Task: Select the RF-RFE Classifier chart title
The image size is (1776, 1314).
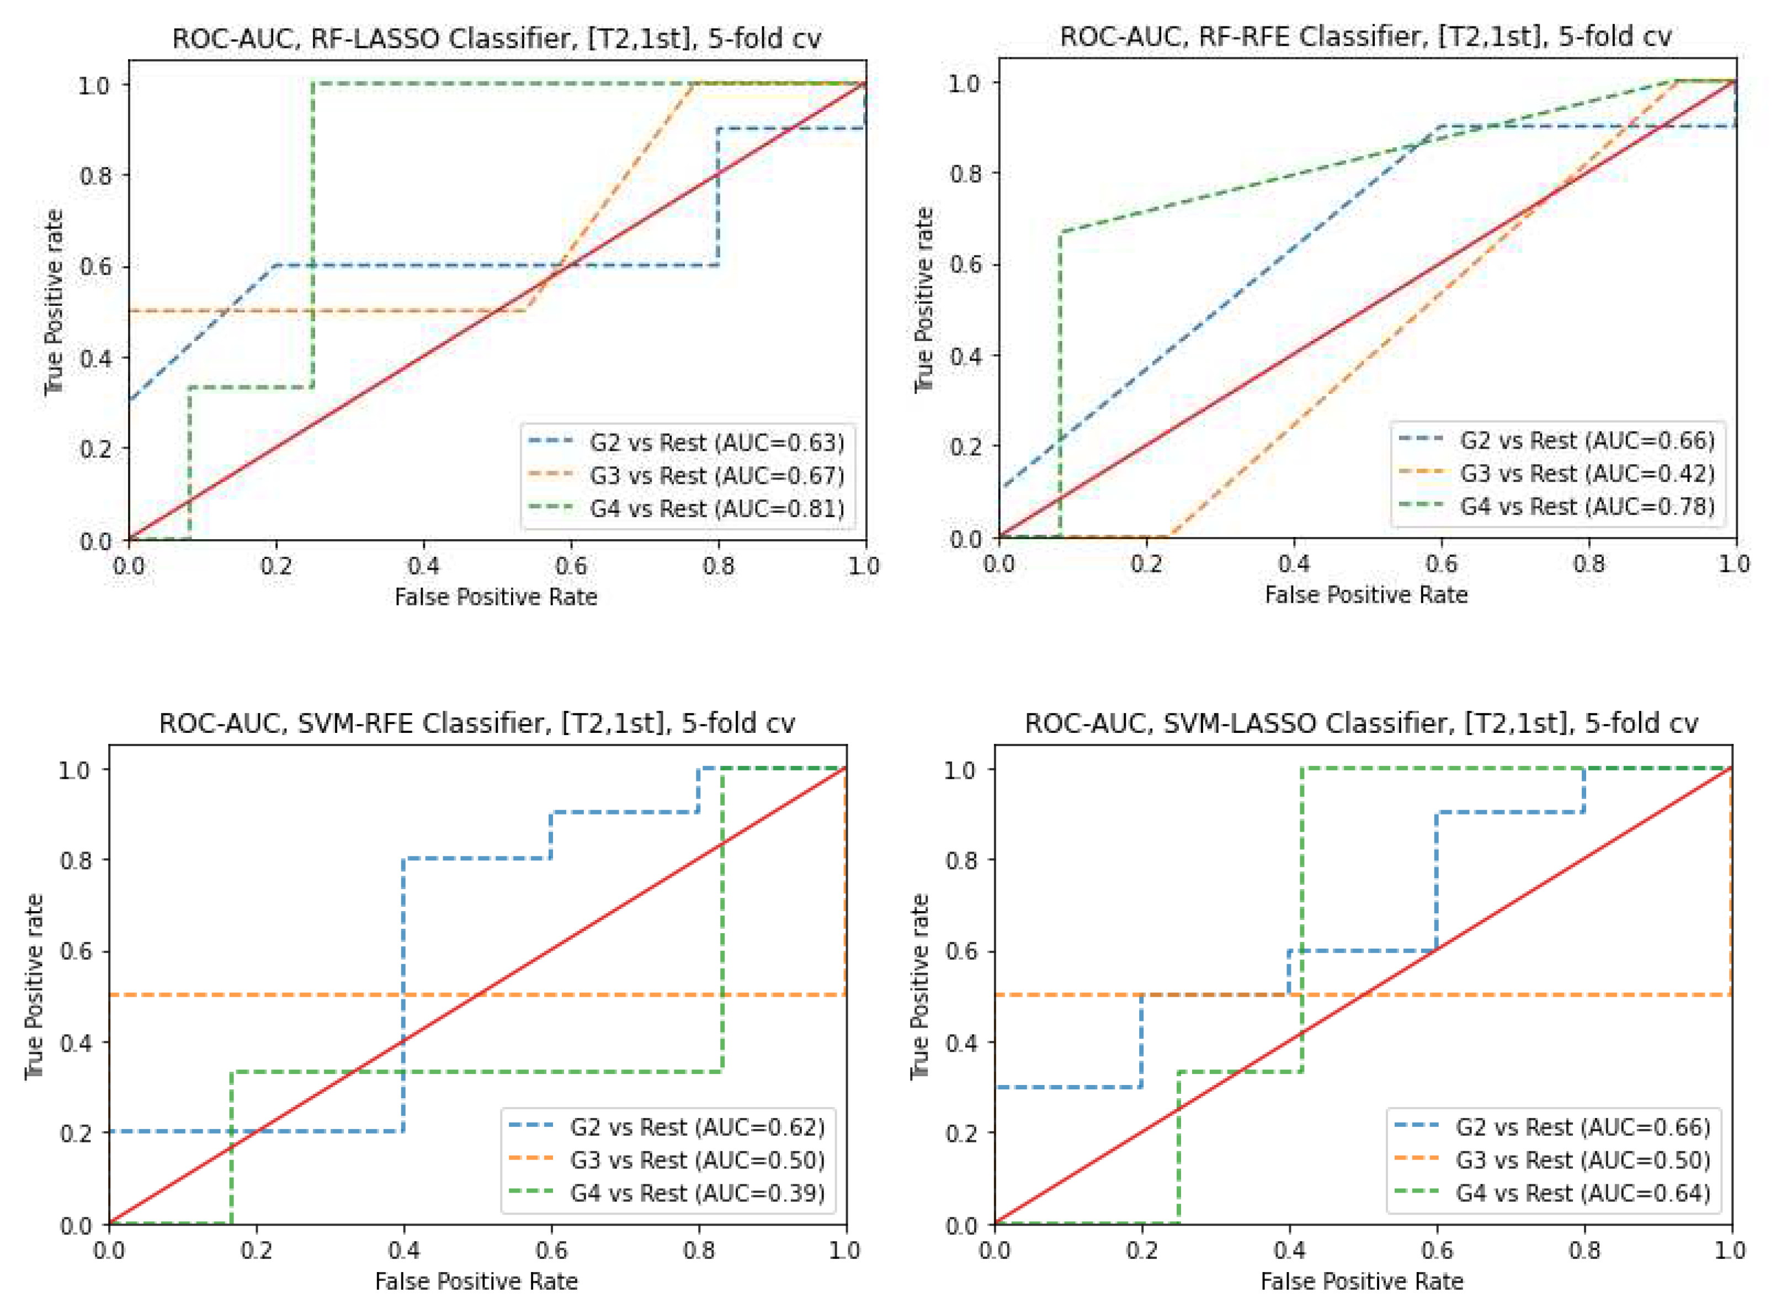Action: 1365,36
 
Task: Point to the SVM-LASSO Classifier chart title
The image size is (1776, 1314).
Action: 1361,722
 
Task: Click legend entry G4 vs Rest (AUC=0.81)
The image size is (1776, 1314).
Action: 716,508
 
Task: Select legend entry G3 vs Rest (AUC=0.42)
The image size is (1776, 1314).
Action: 1587,474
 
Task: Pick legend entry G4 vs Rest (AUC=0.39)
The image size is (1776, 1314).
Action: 696,1193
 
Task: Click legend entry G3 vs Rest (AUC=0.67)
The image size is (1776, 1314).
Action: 716,475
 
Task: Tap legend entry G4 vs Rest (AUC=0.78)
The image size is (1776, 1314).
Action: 1587,507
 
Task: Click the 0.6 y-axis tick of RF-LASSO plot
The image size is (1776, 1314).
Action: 95,267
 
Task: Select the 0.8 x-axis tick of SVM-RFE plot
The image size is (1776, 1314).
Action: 698,1251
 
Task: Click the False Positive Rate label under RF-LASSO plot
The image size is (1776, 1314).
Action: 496,597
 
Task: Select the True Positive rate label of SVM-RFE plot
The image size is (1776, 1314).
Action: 34,986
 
